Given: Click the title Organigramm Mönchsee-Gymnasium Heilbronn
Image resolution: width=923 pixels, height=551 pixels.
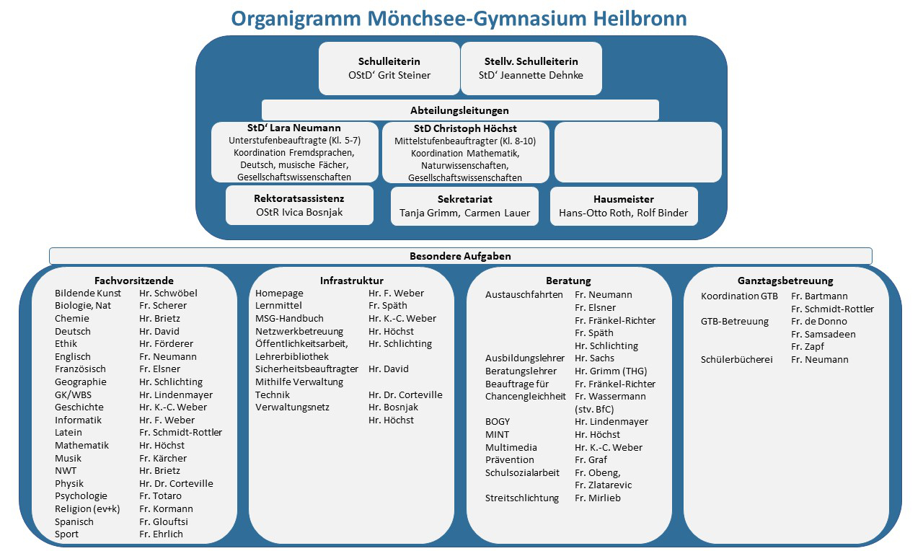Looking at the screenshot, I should [459, 17].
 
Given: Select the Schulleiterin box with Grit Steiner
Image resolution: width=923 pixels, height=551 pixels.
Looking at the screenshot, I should [389, 68].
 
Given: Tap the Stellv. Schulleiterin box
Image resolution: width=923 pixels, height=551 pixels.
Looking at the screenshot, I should [531, 68].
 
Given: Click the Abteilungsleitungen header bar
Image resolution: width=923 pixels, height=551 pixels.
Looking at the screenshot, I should [459, 110].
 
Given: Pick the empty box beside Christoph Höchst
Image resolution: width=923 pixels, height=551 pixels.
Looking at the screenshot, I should [637, 151].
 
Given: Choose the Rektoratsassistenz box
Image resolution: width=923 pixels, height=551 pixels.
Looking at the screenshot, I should [299, 205].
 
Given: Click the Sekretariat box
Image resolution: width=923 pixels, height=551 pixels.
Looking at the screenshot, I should [464, 206].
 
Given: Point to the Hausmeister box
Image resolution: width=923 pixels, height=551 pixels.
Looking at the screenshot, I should [624, 206].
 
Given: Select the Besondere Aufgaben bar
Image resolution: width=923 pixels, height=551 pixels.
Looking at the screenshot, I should [459, 256].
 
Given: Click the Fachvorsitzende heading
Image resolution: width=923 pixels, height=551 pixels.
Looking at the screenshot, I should [134, 281].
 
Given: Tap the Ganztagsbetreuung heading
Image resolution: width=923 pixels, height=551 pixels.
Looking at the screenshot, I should [785, 281].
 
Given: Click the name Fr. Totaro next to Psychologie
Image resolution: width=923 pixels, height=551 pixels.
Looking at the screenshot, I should [160, 496].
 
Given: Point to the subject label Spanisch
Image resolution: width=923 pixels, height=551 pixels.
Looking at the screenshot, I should [74, 521].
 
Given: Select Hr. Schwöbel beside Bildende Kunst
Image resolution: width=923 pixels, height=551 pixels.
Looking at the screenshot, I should [168, 294].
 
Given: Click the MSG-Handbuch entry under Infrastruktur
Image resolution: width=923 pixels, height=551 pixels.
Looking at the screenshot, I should [289, 319].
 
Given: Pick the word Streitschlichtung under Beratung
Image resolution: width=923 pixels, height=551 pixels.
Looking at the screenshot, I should [522, 498].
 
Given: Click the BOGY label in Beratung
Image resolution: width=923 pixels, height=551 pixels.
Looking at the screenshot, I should [498, 422].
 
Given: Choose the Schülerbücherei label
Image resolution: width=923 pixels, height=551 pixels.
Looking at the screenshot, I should [736, 360].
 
